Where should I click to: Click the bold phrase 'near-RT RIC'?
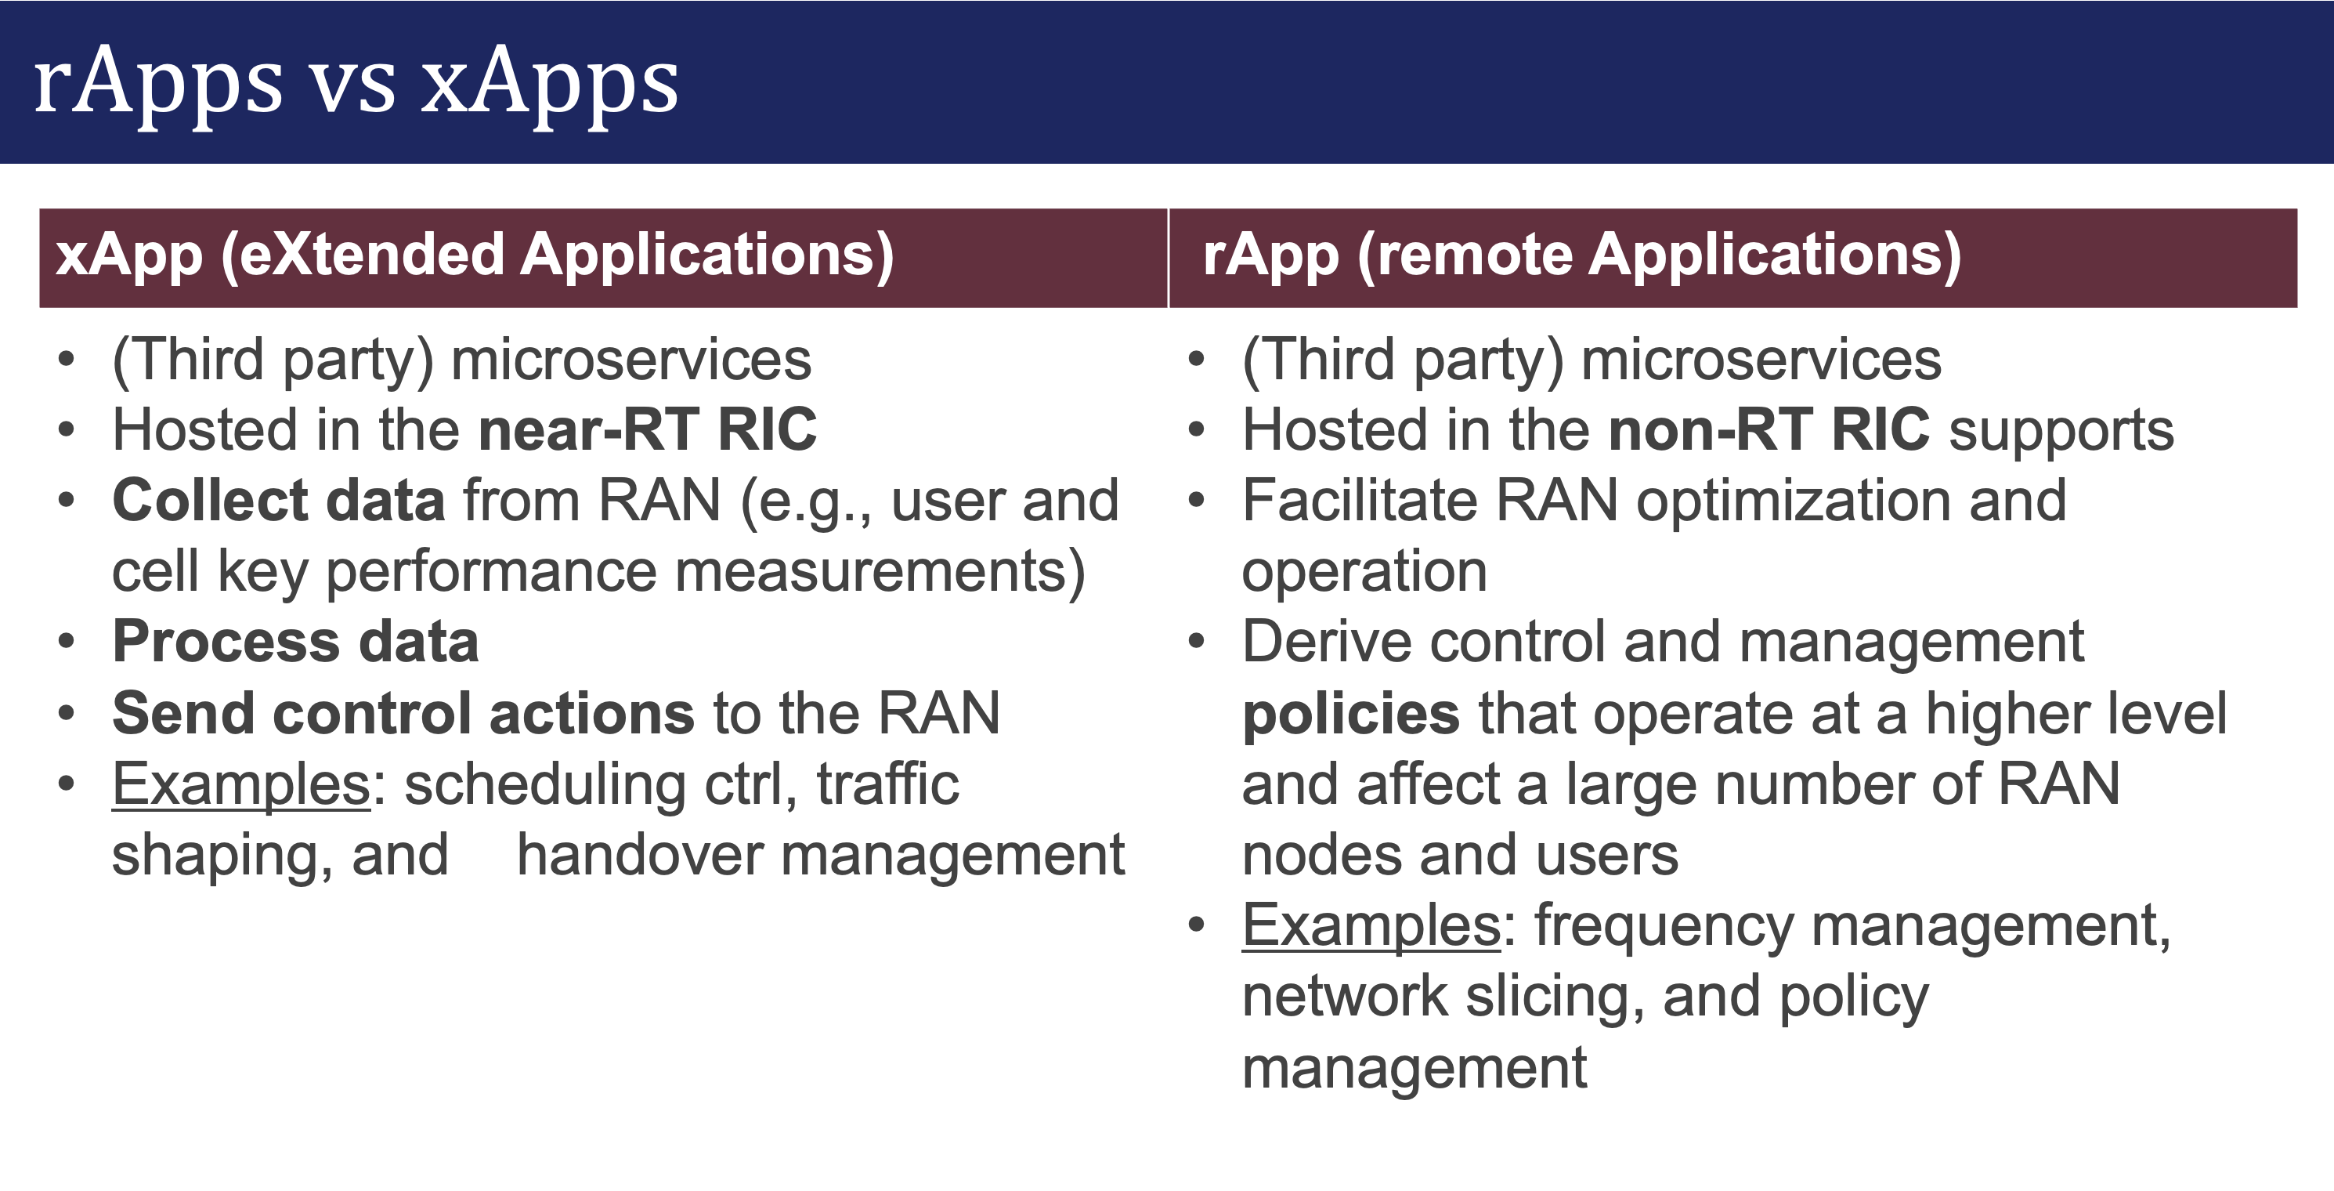tap(647, 429)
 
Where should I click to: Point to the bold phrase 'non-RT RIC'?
tap(1768, 429)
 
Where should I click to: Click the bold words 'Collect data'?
tap(278, 501)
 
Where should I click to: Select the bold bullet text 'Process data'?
tap(295, 642)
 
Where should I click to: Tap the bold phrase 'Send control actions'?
tap(403, 712)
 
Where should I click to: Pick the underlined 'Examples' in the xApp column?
tap(241, 785)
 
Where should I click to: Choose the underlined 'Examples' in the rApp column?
tap(1371, 926)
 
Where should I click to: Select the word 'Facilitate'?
tap(1359, 501)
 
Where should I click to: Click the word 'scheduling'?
tap(544, 785)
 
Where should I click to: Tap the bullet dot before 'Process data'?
tap(66, 643)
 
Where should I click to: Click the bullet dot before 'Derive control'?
tap(1196, 643)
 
